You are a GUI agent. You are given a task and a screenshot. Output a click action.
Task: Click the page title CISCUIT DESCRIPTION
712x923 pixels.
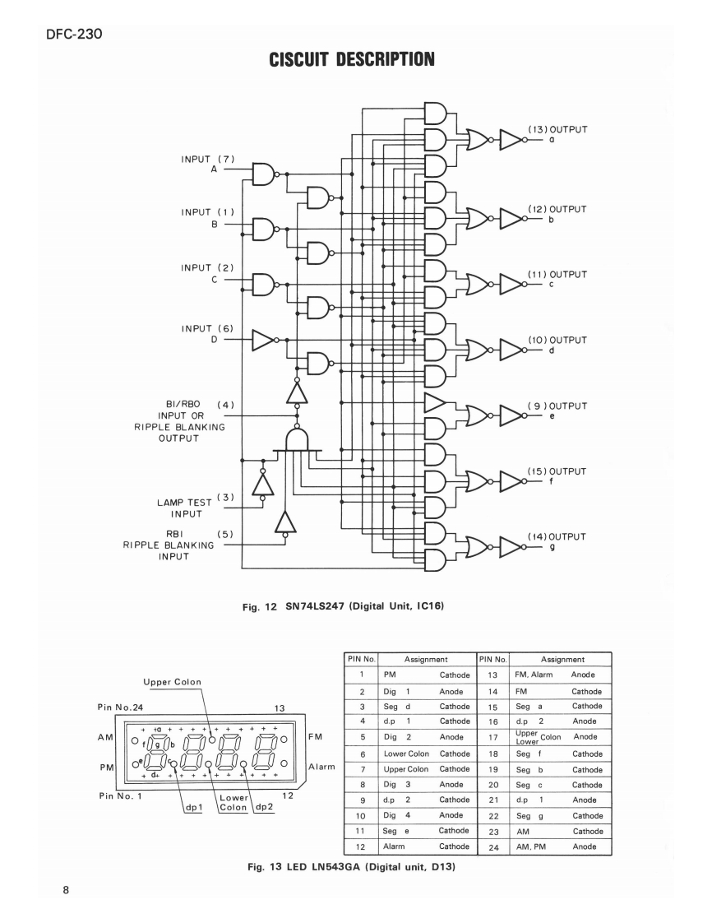[x=355, y=59]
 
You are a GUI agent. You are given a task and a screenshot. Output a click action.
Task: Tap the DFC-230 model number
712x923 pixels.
[x=67, y=35]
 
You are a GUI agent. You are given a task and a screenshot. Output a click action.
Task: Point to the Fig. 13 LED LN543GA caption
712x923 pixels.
[x=338, y=865]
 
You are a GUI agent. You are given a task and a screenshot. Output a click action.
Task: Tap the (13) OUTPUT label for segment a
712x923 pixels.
[x=557, y=129]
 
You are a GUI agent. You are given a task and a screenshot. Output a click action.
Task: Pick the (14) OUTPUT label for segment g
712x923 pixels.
[x=557, y=536]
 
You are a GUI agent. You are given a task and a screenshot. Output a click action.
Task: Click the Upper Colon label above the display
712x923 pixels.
[x=172, y=682]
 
